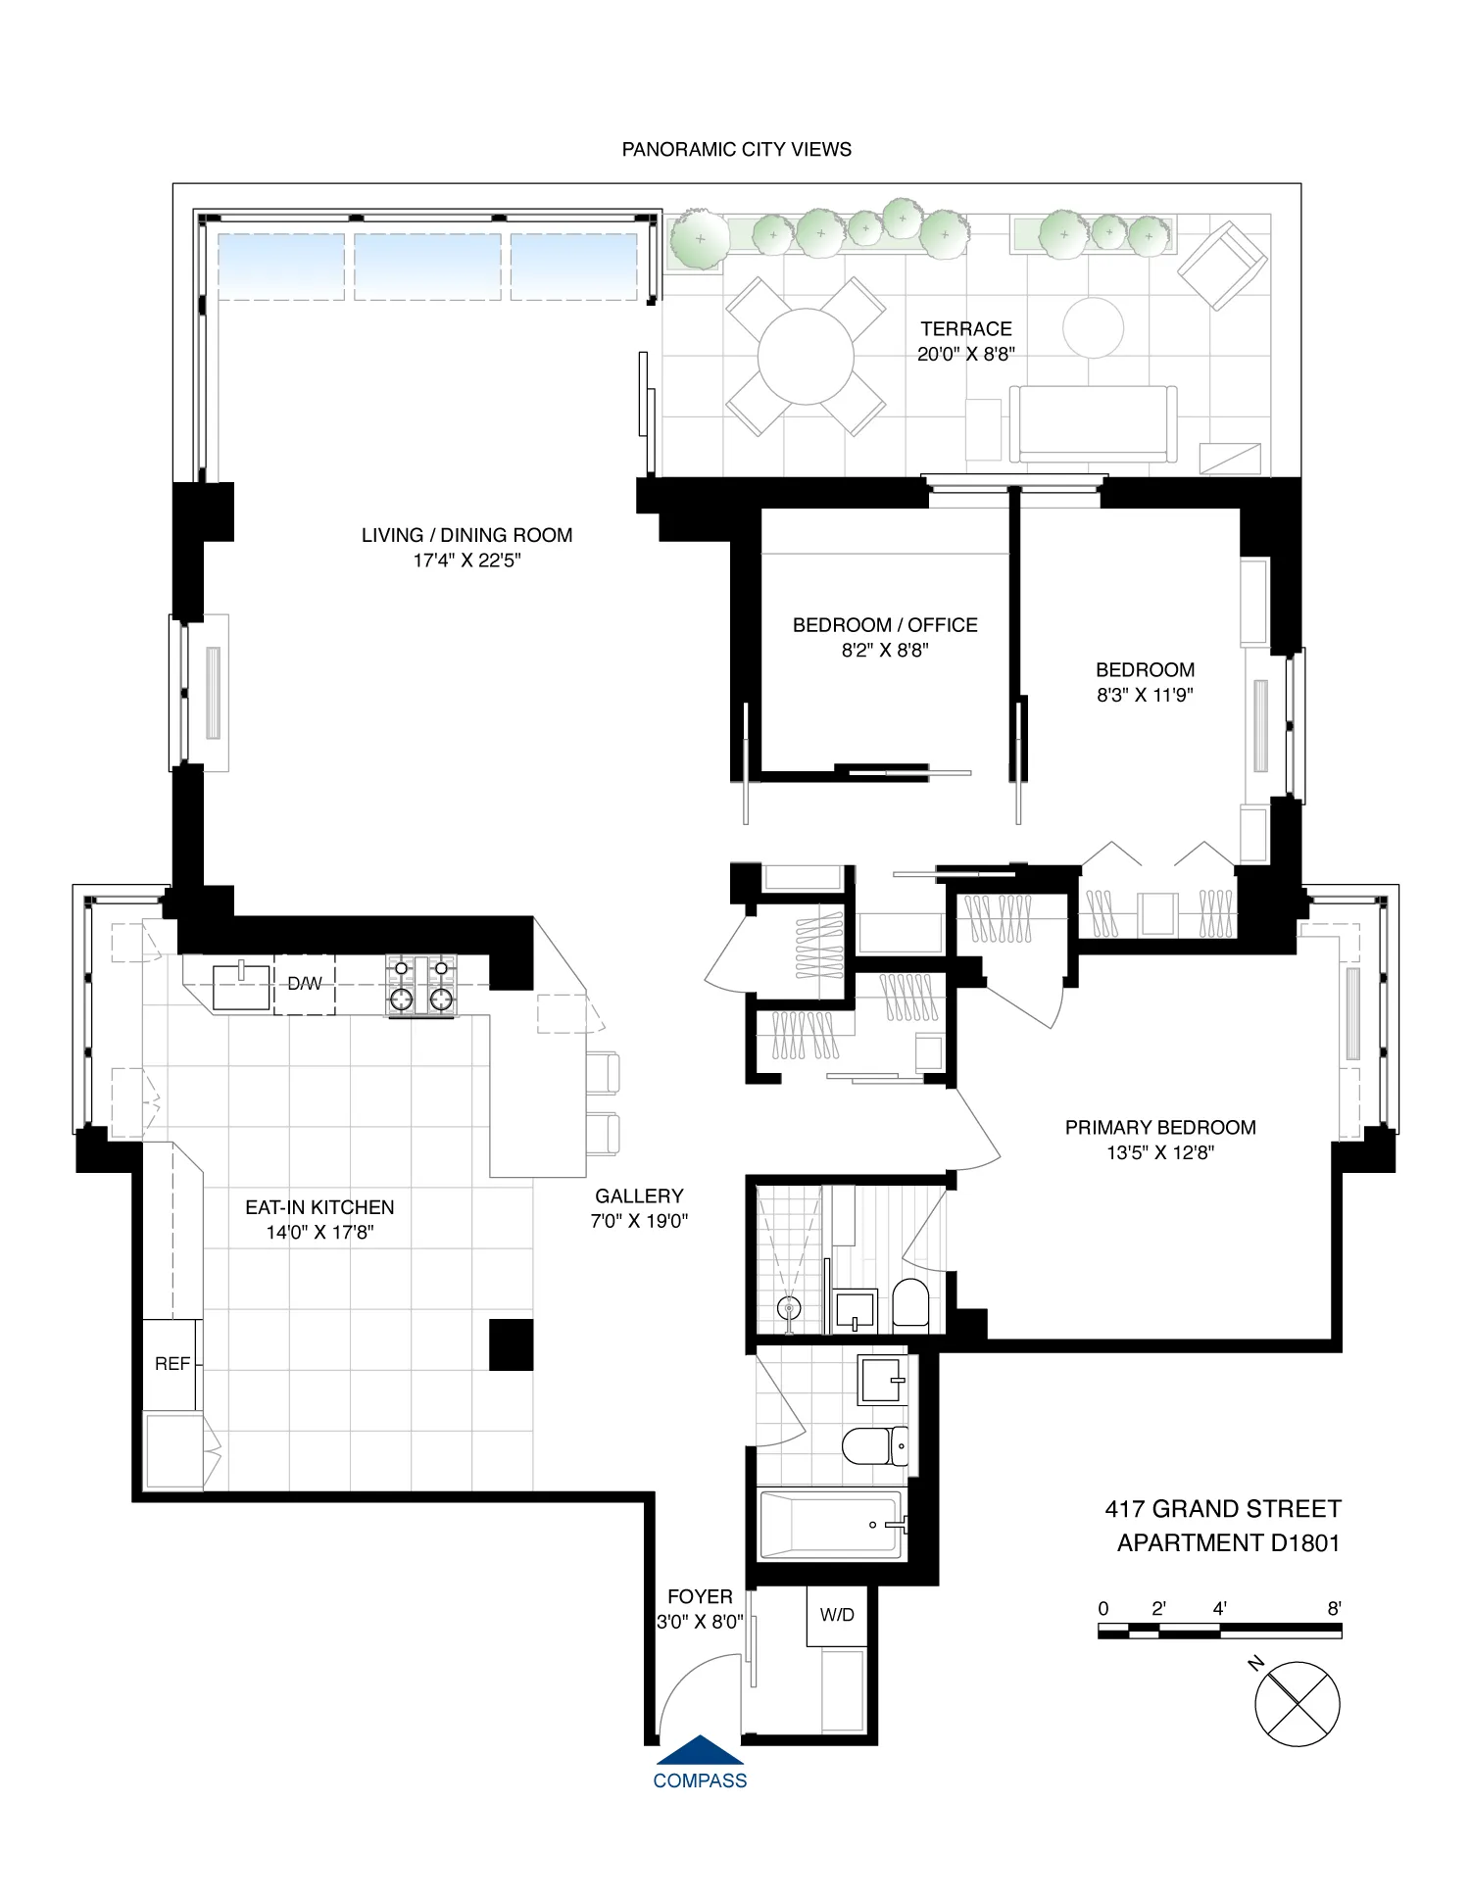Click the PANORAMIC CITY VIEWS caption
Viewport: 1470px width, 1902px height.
click(x=736, y=149)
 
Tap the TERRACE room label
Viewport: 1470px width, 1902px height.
click(x=965, y=329)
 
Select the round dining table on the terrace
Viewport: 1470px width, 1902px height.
click(x=806, y=357)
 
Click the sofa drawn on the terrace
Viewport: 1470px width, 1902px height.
click(x=1093, y=423)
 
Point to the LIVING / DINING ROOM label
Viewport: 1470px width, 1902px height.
click(x=466, y=535)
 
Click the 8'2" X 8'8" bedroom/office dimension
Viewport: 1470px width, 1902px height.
click(x=884, y=650)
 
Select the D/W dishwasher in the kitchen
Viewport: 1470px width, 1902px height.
click(x=304, y=984)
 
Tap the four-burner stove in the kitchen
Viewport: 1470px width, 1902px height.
click(x=421, y=985)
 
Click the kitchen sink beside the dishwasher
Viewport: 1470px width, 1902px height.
click(x=241, y=986)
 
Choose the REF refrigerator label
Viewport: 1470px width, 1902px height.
click(x=172, y=1363)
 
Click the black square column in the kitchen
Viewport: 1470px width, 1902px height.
click(x=511, y=1343)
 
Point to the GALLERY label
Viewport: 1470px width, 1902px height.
click(x=639, y=1195)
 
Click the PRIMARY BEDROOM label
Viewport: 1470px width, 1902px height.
click(x=1159, y=1127)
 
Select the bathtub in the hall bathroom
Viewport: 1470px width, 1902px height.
click(x=830, y=1525)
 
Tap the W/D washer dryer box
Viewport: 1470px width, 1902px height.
click(x=837, y=1615)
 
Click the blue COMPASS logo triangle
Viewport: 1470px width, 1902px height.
click(x=699, y=1749)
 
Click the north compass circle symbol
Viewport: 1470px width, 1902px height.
click(x=1297, y=1703)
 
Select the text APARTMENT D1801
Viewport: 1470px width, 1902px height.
click(x=1227, y=1543)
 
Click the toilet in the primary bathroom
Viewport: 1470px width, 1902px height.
click(x=910, y=1303)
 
